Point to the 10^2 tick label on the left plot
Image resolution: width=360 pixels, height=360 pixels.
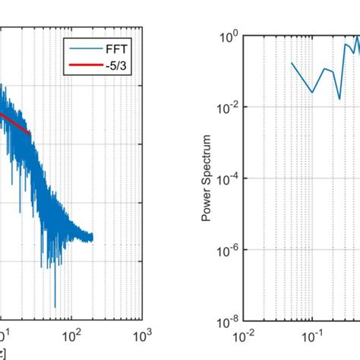coord(71,335)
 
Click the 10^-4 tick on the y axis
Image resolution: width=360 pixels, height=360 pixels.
coord(229,179)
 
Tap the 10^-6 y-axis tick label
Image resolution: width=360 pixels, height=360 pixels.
coord(229,251)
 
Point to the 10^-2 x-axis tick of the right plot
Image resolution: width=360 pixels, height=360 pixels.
coord(243,335)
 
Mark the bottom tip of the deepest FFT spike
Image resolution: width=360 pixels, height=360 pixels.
coord(55,308)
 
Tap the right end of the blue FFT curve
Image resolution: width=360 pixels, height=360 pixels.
coord(93,238)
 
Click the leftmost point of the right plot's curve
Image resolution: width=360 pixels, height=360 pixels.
coord(292,63)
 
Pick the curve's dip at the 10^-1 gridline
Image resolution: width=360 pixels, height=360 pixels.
coord(312,93)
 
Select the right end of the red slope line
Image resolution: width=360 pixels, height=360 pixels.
coord(30,134)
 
